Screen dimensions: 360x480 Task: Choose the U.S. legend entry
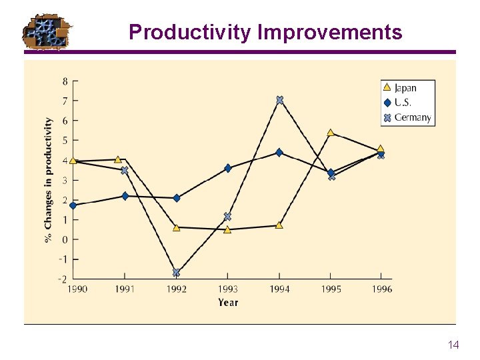click(x=403, y=103)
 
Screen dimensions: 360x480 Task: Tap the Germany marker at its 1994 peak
click(x=279, y=100)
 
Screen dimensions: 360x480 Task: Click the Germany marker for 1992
click(x=176, y=273)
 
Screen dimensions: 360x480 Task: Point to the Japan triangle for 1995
click(x=331, y=133)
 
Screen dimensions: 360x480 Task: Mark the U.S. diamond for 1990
click(x=73, y=205)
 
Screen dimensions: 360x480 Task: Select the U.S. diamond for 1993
click(x=228, y=168)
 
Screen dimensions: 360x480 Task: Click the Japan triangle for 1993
click(x=227, y=230)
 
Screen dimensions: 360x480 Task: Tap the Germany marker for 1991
click(x=124, y=171)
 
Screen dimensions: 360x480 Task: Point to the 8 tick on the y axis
click(x=65, y=81)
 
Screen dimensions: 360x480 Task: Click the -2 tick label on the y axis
click(x=63, y=279)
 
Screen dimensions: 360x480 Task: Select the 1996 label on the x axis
click(x=382, y=289)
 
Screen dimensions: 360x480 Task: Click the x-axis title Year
click(x=228, y=303)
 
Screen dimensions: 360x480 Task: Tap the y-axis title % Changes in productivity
click(x=49, y=180)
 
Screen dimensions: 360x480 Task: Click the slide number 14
click(x=453, y=345)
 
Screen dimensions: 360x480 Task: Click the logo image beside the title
click(x=47, y=31)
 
